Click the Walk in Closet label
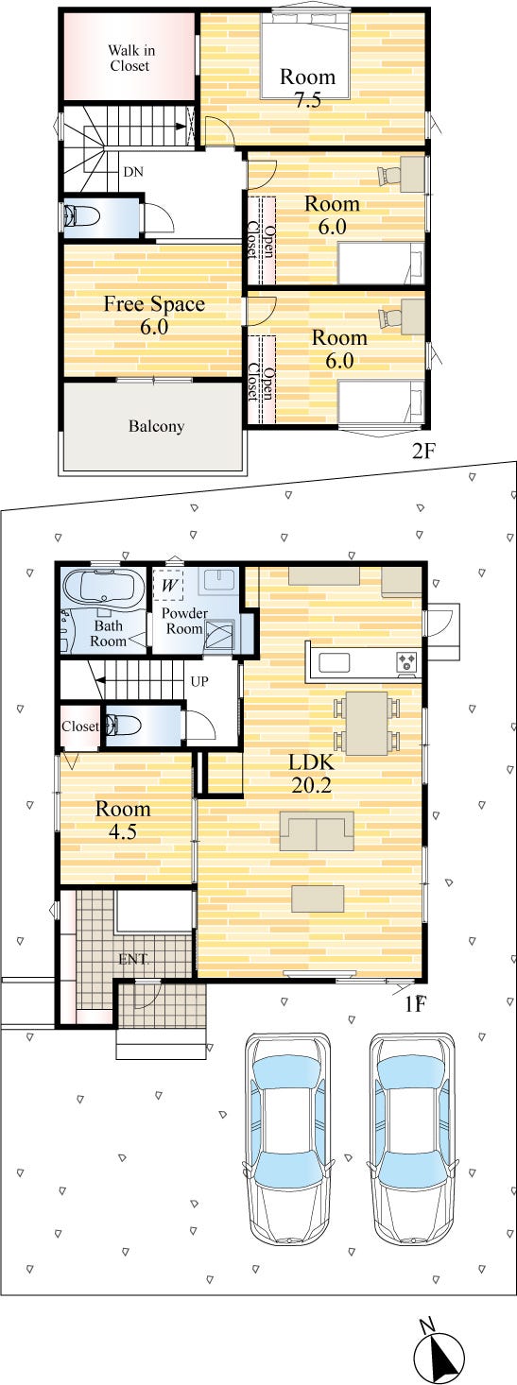click(x=131, y=58)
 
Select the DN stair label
click(x=133, y=172)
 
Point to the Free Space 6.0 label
click(x=154, y=315)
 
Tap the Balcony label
click(x=157, y=426)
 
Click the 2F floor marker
click(x=424, y=452)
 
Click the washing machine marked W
click(x=168, y=584)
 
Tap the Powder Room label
click(x=184, y=621)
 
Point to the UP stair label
click(x=199, y=682)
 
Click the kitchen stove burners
click(x=407, y=661)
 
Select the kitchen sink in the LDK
click(x=334, y=662)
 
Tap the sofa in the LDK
click(x=317, y=831)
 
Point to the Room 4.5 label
click(x=123, y=820)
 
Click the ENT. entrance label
click(x=133, y=960)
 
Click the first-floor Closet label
click(x=79, y=726)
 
